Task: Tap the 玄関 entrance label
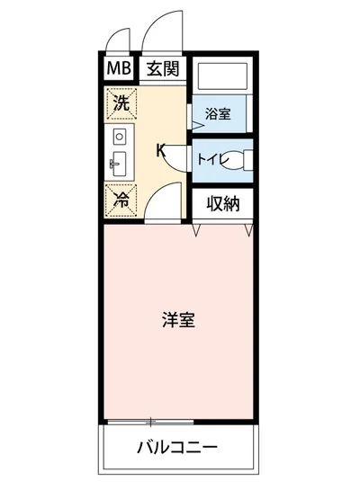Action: tap(162, 68)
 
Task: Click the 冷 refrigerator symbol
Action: tap(120, 199)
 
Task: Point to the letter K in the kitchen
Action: tap(161, 150)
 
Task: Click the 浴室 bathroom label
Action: tap(218, 114)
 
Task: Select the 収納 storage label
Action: tap(222, 203)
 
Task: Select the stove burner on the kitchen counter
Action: tap(119, 137)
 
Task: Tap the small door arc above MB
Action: tap(116, 43)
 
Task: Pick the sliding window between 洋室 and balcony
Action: tap(149, 421)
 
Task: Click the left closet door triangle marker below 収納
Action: tap(197, 230)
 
